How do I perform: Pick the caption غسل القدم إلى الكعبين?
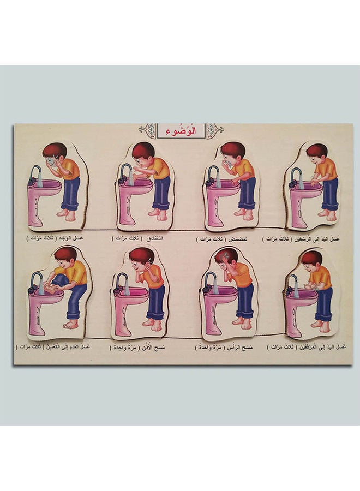pos(69,346)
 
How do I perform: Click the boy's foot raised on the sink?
pos(54,288)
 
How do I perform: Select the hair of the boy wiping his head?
pos(226,255)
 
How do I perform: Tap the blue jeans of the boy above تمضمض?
pos(246,193)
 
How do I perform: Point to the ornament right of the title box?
pos(214,130)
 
